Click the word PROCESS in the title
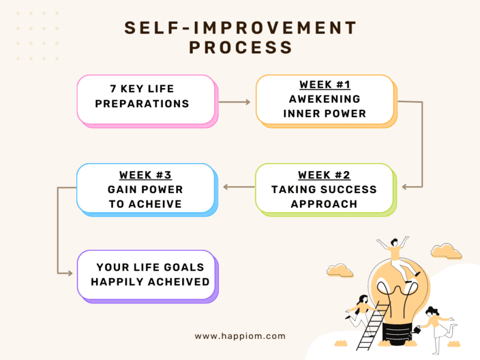(x=241, y=47)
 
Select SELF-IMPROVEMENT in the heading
(x=241, y=28)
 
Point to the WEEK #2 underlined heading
(x=324, y=175)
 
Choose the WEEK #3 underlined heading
(x=145, y=175)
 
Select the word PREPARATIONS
(x=142, y=103)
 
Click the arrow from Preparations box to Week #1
(x=235, y=102)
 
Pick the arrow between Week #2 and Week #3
(x=239, y=187)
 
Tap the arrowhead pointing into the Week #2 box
(x=404, y=187)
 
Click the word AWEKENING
(x=325, y=99)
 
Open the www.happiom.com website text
(x=240, y=337)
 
